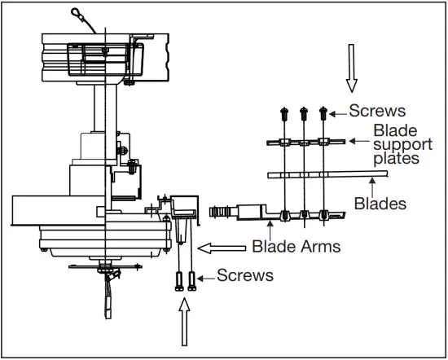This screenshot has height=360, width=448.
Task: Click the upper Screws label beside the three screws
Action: pyautogui.click(x=377, y=111)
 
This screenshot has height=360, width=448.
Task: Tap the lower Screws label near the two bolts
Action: pyautogui.click(x=245, y=275)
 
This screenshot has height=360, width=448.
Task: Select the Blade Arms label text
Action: pyautogui.click(x=296, y=246)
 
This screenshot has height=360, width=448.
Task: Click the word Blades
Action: pyautogui.click(x=380, y=204)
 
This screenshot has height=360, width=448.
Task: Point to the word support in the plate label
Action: pyautogui.click(x=403, y=145)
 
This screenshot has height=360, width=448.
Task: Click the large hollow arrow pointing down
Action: pyautogui.click(x=352, y=68)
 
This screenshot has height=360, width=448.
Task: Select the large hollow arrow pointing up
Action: pyautogui.click(x=185, y=322)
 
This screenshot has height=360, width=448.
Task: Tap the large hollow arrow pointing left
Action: pyautogui.click(x=222, y=248)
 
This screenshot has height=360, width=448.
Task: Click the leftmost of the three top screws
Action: pyautogui.click(x=284, y=114)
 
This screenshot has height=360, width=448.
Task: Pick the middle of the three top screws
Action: pyautogui.click(x=304, y=114)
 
